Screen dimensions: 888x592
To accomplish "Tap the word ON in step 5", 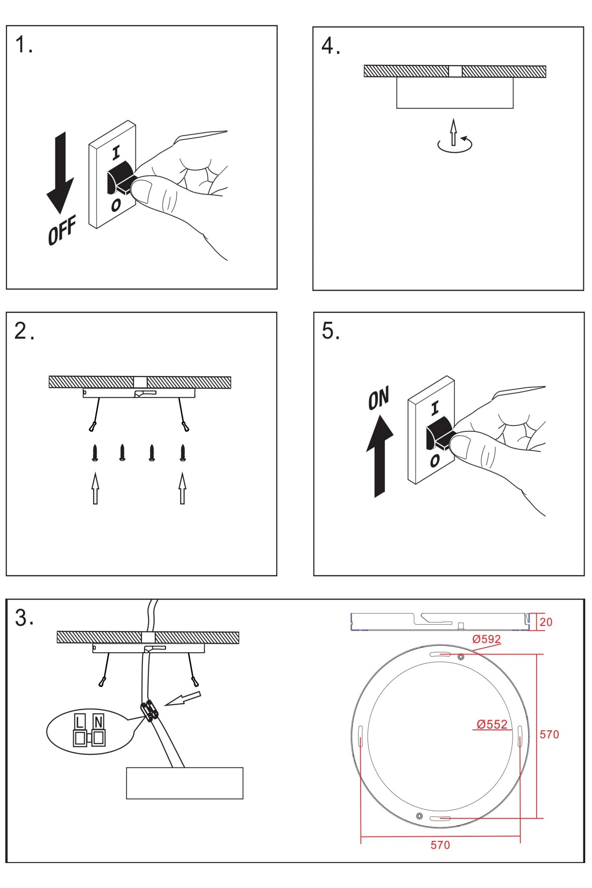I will click(x=378, y=398).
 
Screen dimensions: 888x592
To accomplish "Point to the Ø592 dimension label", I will click(x=486, y=639).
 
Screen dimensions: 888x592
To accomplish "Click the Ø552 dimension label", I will click(x=492, y=724).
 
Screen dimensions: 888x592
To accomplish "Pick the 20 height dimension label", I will click(x=545, y=622).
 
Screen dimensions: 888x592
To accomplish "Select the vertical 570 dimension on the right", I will click(x=549, y=735).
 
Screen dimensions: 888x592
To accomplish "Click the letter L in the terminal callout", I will click(x=79, y=722).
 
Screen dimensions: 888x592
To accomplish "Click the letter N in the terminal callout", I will click(x=99, y=722).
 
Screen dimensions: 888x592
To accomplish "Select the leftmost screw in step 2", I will click(x=95, y=452).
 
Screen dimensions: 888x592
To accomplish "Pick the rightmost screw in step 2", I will click(x=183, y=452).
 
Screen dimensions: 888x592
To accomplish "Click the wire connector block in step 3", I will click(x=150, y=710).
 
